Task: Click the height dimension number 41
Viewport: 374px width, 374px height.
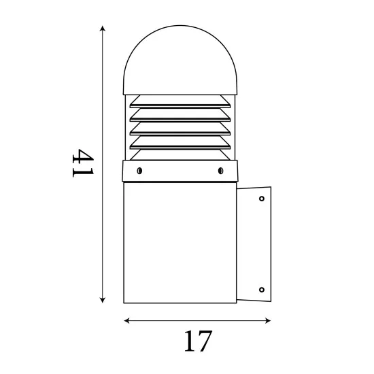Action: (x=83, y=163)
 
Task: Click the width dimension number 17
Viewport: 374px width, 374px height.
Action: (x=198, y=341)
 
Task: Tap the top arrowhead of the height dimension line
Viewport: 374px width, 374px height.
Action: (x=103, y=29)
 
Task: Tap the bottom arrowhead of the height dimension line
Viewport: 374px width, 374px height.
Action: (x=103, y=300)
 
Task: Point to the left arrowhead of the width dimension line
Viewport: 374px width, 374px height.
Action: (x=127, y=320)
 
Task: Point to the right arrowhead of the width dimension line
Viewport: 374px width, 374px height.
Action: (x=268, y=320)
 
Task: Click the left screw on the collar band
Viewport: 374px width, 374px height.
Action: (x=139, y=171)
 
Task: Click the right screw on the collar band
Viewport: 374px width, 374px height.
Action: (x=220, y=171)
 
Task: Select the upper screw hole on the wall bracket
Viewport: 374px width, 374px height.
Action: (x=262, y=199)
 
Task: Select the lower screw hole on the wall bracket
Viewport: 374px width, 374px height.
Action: (x=262, y=290)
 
